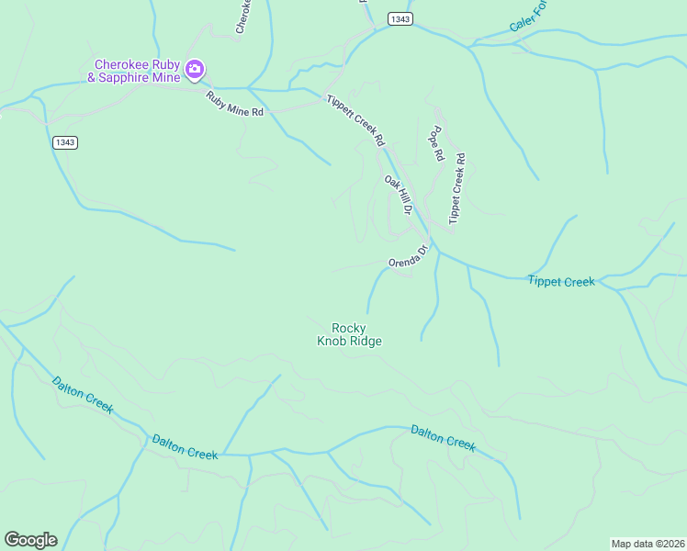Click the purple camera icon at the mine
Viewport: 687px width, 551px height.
coord(195,70)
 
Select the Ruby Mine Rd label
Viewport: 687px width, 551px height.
coord(234,104)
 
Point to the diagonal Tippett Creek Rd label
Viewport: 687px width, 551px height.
coord(355,119)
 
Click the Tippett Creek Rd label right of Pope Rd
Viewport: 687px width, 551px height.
coord(456,188)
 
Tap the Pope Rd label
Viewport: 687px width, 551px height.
coord(436,144)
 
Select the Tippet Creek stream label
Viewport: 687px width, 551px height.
coord(561,281)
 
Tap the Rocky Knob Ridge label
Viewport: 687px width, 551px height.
coord(349,334)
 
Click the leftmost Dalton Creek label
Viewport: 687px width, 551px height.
coord(82,395)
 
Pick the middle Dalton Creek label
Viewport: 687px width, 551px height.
coord(185,447)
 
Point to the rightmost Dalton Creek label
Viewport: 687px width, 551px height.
coord(443,437)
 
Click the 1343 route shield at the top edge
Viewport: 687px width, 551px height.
coord(400,19)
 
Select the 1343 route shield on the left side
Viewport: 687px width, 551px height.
coord(64,141)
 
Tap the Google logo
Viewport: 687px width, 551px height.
coord(30,540)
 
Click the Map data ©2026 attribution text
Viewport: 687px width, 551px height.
coord(648,544)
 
